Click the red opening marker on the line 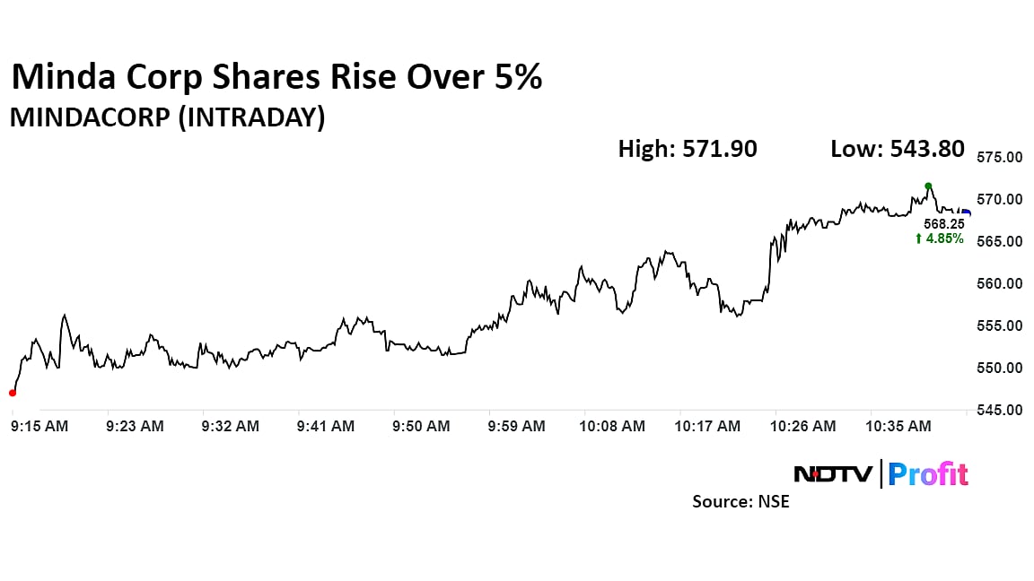pyautogui.click(x=12, y=393)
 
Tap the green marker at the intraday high pyautogui.click(x=928, y=186)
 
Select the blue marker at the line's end pyautogui.click(x=966, y=212)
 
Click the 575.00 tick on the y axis pyautogui.click(x=999, y=157)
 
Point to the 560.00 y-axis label pyautogui.click(x=999, y=283)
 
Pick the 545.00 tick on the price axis pyautogui.click(x=999, y=411)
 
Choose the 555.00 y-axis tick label pyautogui.click(x=999, y=325)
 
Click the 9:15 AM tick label pyautogui.click(x=39, y=427)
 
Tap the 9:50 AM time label pyautogui.click(x=421, y=427)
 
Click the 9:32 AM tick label pyautogui.click(x=230, y=427)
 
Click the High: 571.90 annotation pyautogui.click(x=688, y=149)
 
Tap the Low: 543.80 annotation pyautogui.click(x=898, y=149)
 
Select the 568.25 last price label pyautogui.click(x=944, y=224)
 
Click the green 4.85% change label pyautogui.click(x=940, y=238)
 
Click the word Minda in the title pyautogui.click(x=68, y=78)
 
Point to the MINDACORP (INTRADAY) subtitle pyautogui.click(x=167, y=117)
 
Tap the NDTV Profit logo pyautogui.click(x=881, y=473)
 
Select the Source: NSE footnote pyautogui.click(x=740, y=502)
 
